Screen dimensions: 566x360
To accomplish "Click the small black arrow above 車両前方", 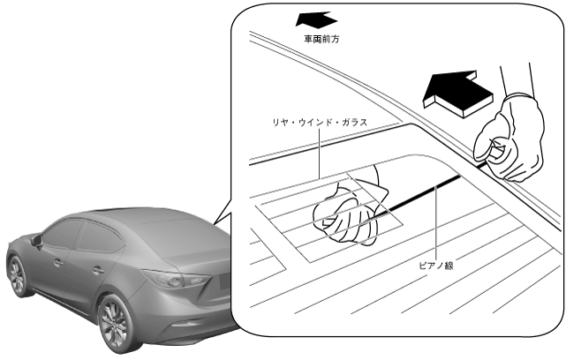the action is pyautogui.click(x=314, y=19).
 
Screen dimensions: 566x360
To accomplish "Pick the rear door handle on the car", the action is pyautogui.click(x=97, y=270).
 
